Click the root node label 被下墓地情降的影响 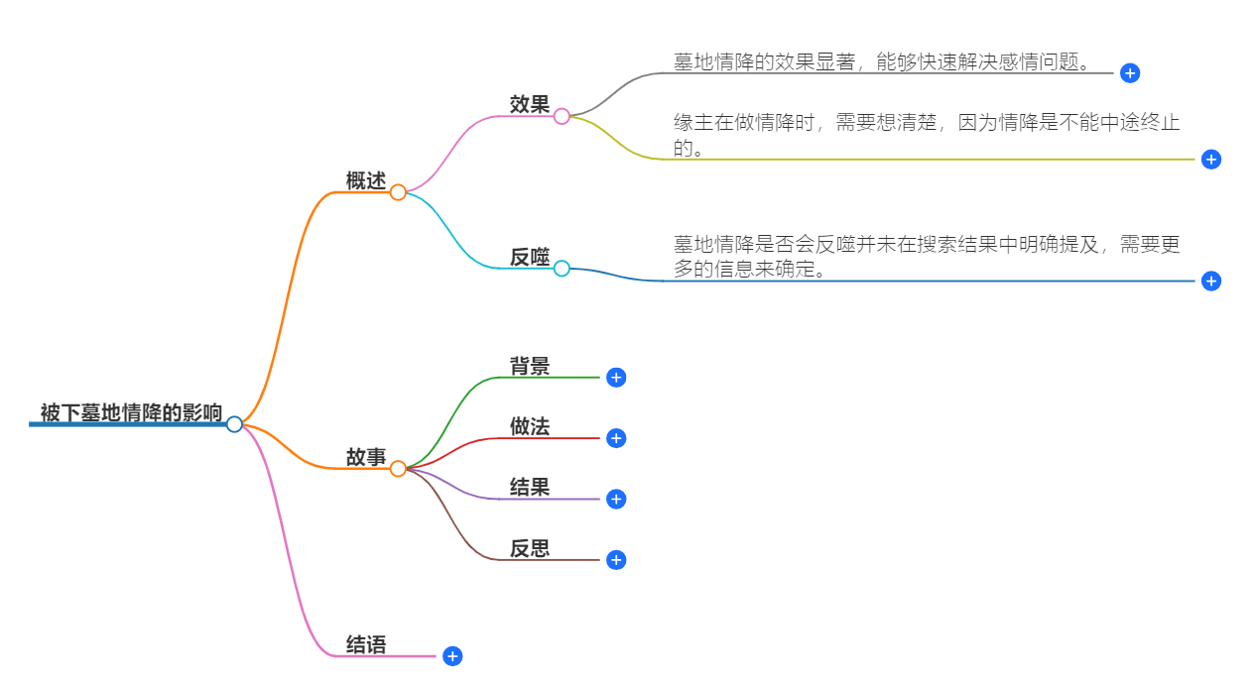[x=131, y=412]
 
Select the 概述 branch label [x=365, y=180]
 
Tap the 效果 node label [x=530, y=104]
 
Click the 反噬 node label [x=530, y=257]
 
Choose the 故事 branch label [x=365, y=457]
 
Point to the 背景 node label [x=530, y=366]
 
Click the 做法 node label [x=530, y=426]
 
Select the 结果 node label [x=530, y=487]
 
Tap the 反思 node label [x=530, y=548]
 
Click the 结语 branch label [x=365, y=644]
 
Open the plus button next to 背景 [x=616, y=378]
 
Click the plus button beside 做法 [x=616, y=438]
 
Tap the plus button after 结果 [x=616, y=499]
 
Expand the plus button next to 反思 [x=616, y=560]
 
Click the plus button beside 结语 [x=452, y=656]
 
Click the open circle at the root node [x=234, y=424]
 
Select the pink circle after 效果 [x=562, y=116]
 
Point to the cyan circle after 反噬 [x=562, y=269]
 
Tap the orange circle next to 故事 [x=398, y=469]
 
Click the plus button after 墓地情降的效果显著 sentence [x=1129, y=72]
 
